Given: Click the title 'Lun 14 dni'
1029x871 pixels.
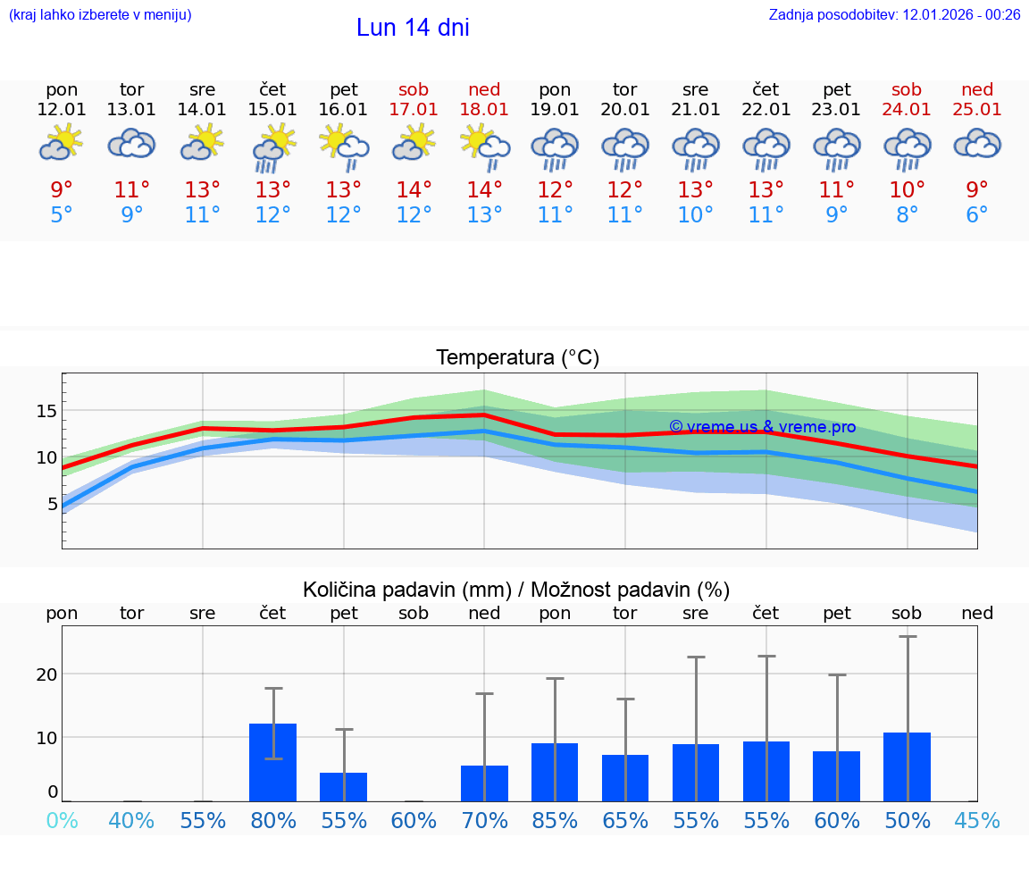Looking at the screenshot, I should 413,28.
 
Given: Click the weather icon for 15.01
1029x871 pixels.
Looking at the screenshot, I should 273,147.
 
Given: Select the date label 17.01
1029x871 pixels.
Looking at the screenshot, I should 414,110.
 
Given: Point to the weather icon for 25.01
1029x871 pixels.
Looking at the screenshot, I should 977,144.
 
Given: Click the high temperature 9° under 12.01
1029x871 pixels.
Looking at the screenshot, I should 62,190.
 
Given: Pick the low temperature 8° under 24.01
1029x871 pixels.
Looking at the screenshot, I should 907,215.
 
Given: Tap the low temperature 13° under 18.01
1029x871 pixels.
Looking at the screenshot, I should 484,215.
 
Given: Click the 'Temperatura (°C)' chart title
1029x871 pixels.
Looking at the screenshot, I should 518,358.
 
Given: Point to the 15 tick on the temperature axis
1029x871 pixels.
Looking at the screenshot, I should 46,411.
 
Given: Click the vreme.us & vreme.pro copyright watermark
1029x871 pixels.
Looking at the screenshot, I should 762,427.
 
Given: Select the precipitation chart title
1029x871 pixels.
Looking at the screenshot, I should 516,590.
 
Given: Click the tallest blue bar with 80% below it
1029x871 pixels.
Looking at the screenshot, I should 273,762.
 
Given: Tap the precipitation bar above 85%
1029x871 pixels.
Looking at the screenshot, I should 555,772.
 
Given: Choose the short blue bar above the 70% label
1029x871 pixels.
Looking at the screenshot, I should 484,783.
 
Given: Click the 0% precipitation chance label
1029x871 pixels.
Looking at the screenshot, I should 62,820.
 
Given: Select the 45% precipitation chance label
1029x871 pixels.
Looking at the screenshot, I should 977,820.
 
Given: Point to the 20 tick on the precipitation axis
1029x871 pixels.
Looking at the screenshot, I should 46,674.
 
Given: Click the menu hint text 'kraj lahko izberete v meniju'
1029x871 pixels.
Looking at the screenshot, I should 100,14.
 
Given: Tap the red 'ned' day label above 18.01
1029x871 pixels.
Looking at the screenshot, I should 484,89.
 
